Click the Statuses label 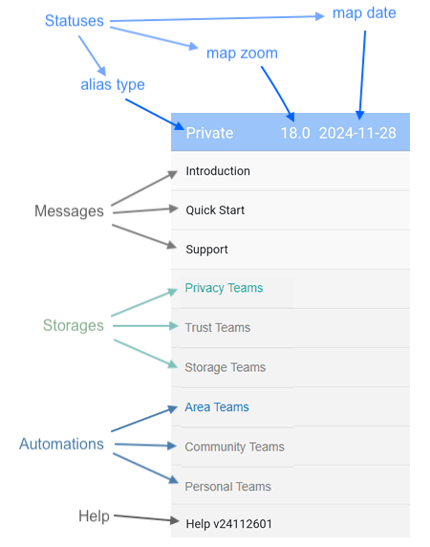(75, 21)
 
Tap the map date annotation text (364, 13)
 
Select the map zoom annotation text (242, 54)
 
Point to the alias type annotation (113, 85)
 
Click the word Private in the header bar (209, 133)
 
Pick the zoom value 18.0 (295, 133)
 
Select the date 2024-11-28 (357, 133)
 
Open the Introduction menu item (218, 171)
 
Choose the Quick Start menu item (215, 210)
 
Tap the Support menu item (206, 250)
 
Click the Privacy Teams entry (224, 288)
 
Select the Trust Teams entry (218, 328)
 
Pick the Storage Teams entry (226, 367)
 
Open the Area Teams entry (217, 407)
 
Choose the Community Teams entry (234, 447)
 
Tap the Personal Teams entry (227, 487)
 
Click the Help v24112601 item (228, 524)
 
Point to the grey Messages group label (69, 211)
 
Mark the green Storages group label (74, 325)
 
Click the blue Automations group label (61, 444)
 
